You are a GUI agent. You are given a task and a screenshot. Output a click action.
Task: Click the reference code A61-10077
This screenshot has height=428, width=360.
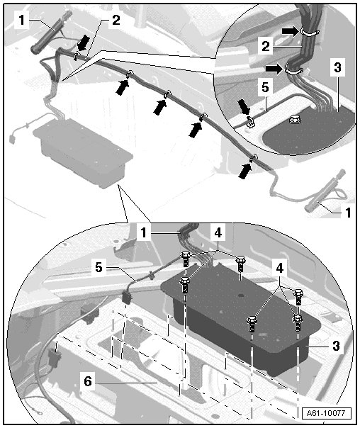pos(327,413)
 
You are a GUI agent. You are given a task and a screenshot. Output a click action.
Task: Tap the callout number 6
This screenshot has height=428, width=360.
pos(88,381)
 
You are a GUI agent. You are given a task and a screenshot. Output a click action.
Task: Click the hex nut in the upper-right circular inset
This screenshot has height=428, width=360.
pos(294,119)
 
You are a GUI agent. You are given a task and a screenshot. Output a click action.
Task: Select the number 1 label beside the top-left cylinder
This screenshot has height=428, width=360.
pos(21,20)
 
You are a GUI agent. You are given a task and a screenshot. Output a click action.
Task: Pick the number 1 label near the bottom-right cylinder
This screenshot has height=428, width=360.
pos(348,213)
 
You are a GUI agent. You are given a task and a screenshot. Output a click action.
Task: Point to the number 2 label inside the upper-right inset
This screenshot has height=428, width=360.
pos(265,46)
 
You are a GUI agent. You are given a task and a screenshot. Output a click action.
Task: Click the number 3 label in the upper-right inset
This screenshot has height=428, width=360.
pos(337,67)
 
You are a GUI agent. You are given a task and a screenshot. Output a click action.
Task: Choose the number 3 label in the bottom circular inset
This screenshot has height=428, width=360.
pos(336,346)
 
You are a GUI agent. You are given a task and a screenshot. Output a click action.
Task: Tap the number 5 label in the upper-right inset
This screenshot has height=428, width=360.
pos(265,88)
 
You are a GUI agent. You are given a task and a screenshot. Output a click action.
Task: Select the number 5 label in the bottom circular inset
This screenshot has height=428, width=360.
pos(99,267)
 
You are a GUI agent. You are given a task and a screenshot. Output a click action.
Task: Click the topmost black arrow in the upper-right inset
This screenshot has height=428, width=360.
pos(291,31)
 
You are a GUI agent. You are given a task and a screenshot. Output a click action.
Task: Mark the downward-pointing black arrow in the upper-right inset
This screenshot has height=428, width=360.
pos(244,107)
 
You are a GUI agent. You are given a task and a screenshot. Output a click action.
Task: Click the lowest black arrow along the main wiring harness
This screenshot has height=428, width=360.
pos(245,171)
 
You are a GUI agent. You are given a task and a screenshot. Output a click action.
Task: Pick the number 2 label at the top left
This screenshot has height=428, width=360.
pos(116,20)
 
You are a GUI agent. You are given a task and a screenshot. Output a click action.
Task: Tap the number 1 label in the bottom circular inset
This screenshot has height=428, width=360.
pos(144,232)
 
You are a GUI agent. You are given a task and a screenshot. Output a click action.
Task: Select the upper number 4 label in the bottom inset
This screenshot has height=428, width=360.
pos(218,233)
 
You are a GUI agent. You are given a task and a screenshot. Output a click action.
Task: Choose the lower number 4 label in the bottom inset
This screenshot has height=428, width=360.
pos(280,268)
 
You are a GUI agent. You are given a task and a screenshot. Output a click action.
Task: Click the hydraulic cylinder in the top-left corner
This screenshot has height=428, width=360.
pos(52,32)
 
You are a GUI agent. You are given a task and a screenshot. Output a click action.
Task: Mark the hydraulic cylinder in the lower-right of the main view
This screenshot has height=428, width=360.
pos(325,191)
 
